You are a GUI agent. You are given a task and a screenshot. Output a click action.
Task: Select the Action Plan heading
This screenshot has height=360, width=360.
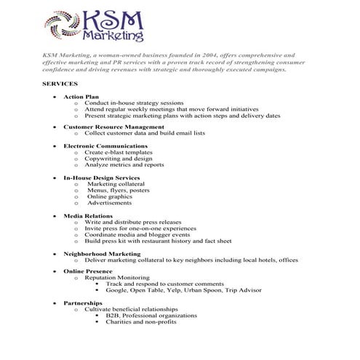click(x=81, y=96)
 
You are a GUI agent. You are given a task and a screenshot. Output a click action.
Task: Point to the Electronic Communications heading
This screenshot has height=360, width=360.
click(x=105, y=145)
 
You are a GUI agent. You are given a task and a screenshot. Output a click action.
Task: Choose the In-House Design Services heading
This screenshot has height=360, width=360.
click(x=101, y=177)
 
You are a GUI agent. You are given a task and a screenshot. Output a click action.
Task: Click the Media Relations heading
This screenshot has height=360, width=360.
click(x=87, y=215)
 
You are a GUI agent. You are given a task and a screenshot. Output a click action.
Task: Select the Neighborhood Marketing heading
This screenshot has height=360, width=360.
click(x=101, y=253)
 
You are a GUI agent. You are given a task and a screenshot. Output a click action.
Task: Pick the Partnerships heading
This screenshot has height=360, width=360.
click(x=82, y=303)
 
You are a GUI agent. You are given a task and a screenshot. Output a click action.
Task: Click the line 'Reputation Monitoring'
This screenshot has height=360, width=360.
click(x=117, y=278)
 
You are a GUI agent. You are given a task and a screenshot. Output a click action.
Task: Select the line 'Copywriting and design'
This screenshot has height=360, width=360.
click(x=119, y=158)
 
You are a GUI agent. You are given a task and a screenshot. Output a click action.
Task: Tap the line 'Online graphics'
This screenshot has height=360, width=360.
click(x=110, y=196)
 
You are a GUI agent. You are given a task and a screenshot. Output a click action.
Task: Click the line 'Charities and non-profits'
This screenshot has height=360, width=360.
click(x=141, y=322)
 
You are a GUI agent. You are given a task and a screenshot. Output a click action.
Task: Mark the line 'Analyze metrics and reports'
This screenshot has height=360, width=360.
click(x=124, y=164)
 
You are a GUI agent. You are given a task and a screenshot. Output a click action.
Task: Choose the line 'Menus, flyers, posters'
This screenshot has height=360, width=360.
click(x=119, y=190)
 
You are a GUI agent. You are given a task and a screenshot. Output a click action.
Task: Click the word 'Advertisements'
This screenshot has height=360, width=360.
click(x=110, y=203)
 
